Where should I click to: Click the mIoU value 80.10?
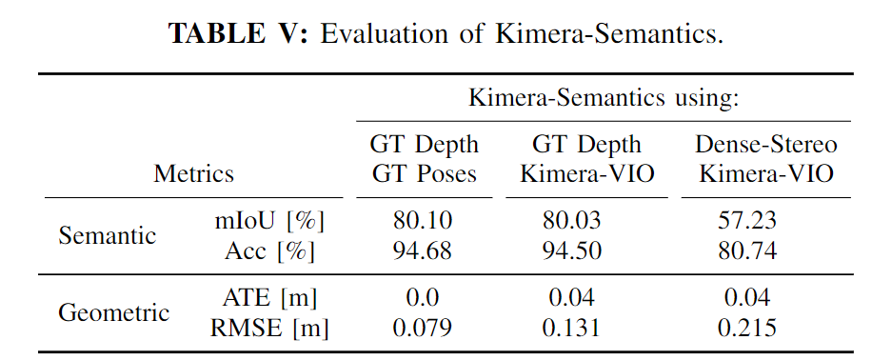(424, 221)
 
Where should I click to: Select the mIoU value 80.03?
(573, 221)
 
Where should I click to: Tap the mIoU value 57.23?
(747, 221)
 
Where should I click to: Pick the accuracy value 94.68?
(424, 251)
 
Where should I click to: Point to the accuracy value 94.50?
(573, 251)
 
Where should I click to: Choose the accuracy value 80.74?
(747, 251)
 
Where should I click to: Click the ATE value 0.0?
(424, 298)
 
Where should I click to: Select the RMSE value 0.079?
(424, 329)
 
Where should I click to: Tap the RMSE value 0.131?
(573, 329)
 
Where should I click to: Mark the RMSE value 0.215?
(747, 329)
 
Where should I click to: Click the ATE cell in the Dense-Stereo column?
(747, 298)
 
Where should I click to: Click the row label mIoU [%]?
(270, 221)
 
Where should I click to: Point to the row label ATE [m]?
(270, 298)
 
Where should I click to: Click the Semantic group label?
(108, 236)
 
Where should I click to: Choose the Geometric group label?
(114, 312)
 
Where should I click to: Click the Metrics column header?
(193, 174)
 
